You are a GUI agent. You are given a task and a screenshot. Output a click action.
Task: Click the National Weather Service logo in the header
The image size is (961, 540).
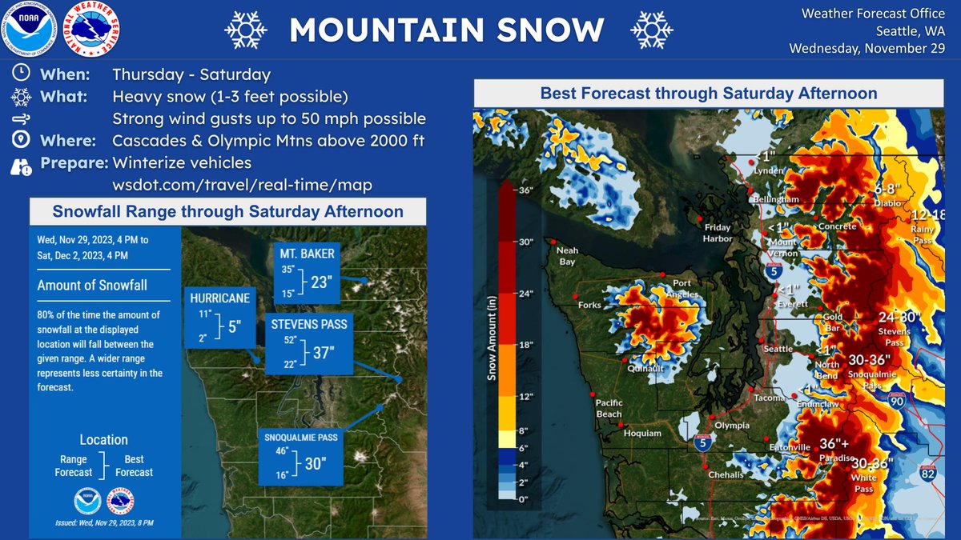[x=92, y=30]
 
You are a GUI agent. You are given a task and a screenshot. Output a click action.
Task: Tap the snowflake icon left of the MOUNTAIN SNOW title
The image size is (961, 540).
[x=245, y=30]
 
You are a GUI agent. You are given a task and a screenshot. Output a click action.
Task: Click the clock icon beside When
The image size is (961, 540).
[x=22, y=74]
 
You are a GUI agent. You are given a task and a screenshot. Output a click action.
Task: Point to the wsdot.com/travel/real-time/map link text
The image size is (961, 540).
[x=242, y=185]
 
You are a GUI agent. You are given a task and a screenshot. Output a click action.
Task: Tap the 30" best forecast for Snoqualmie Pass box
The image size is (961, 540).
[x=315, y=463]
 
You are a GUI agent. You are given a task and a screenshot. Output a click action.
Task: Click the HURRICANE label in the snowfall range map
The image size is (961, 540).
[x=220, y=298]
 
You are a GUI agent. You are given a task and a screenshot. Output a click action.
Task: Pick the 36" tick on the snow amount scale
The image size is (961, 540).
[x=525, y=190]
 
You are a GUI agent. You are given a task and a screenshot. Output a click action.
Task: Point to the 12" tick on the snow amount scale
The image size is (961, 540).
[x=525, y=396]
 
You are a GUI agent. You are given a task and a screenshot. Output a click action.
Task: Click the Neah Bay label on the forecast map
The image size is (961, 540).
[x=567, y=256]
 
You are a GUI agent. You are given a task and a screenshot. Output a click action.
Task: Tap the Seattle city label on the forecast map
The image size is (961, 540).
[x=778, y=349]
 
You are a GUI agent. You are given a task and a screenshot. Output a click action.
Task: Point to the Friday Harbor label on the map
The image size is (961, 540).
[x=717, y=233]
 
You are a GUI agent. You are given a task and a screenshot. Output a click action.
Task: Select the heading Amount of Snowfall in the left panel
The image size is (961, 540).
[x=92, y=286]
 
